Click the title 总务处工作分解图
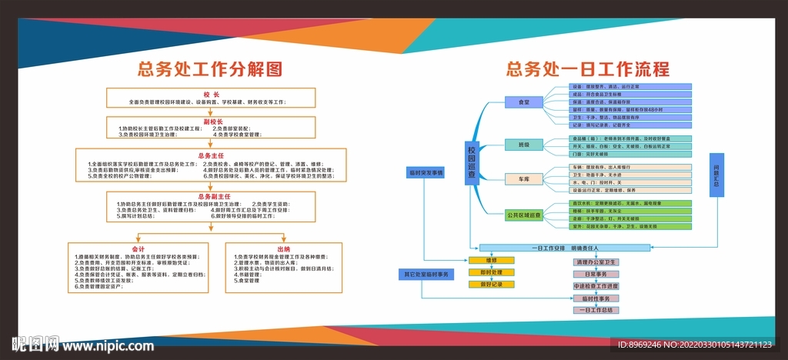pyautogui.click(x=210, y=69)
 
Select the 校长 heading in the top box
pyautogui.click(x=212, y=94)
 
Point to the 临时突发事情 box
pyautogui.click(x=426, y=172)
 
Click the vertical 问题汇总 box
pyautogui.click(x=716, y=175)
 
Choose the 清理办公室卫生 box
pyautogui.click(x=596, y=262)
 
